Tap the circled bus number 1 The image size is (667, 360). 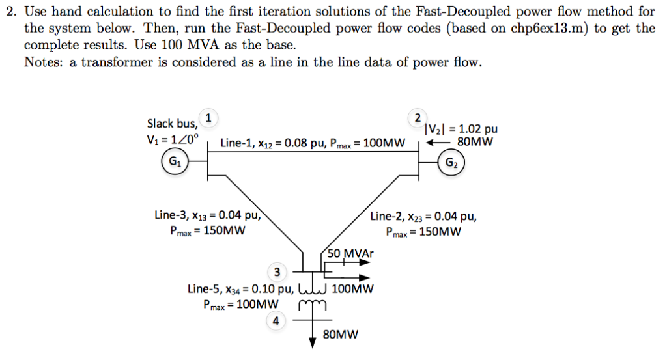pos(208,117)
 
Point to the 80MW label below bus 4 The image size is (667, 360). pos(341,335)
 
